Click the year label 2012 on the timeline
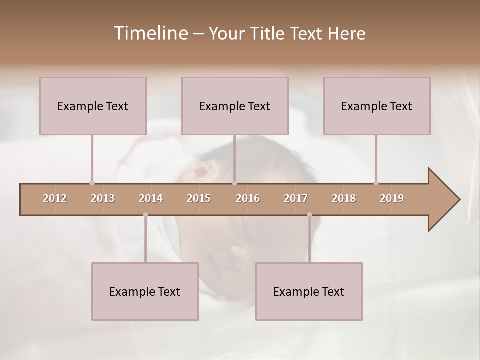[55, 198]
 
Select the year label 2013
[103, 198]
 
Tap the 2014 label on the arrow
[151, 198]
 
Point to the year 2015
[199, 198]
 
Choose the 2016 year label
[248, 198]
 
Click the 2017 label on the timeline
[296, 198]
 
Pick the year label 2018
[344, 198]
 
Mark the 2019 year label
[392, 198]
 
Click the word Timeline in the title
[150, 33]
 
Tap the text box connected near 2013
[93, 106]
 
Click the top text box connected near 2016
[235, 106]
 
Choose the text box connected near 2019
[377, 106]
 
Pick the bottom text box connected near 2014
[145, 291]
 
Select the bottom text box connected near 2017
[309, 291]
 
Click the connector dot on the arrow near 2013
[92, 183]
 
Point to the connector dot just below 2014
[145, 215]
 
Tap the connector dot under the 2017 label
[309, 215]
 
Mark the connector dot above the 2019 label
[376, 183]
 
